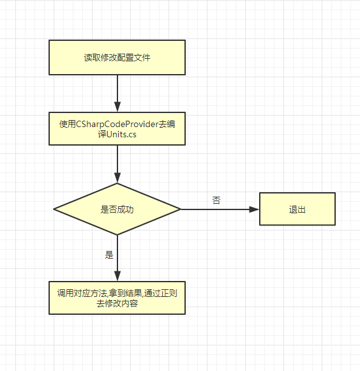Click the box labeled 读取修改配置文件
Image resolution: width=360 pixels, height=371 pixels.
click(117, 57)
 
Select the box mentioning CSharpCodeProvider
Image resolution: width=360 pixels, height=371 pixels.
click(117, 128)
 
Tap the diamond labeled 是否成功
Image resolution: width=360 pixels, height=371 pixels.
click(117, 209)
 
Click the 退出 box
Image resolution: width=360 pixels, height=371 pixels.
click(297, 209)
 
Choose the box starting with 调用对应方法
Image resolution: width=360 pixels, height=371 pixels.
click(117, 298)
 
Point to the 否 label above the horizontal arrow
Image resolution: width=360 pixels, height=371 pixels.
click(216, 201)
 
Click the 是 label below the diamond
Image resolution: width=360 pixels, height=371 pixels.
click(109, 255)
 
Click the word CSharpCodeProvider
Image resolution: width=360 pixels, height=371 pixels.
click(117, 124)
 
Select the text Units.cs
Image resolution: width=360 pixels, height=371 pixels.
click(121, 134)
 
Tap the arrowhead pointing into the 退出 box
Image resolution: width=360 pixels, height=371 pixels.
click(254, 209)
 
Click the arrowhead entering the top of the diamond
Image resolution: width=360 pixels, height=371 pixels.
click(117, 178)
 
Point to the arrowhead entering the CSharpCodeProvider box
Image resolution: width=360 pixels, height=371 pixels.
click(117, 107)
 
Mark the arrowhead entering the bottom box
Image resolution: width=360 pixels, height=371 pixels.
click(117, 276)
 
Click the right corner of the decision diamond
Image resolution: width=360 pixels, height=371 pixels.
click(181, 209)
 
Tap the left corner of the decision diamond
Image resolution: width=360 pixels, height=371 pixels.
click(54, 209)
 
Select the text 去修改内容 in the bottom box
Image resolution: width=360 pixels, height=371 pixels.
click(117, 303)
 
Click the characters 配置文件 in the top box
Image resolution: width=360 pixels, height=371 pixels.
click(133, 57)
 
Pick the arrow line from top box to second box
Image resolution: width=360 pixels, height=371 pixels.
click(117, 93)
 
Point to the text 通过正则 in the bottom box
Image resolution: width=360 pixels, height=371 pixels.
click(161, 293)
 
